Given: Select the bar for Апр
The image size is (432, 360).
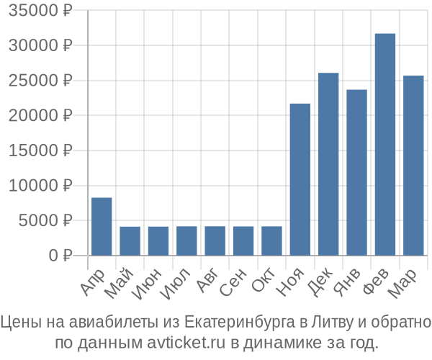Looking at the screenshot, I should click(x=102, y=226).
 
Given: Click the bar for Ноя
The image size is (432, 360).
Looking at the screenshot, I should click(x=300, y=179).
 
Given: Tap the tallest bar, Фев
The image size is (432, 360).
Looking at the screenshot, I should click(x=384, y=144).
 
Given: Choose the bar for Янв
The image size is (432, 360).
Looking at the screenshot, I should click(x=356, y=172).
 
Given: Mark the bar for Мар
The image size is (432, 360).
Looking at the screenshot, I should click(x=413, y=166).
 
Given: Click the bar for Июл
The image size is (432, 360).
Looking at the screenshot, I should click(x=186, y=240).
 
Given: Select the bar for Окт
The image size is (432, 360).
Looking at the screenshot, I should click(x=271, y=240).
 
